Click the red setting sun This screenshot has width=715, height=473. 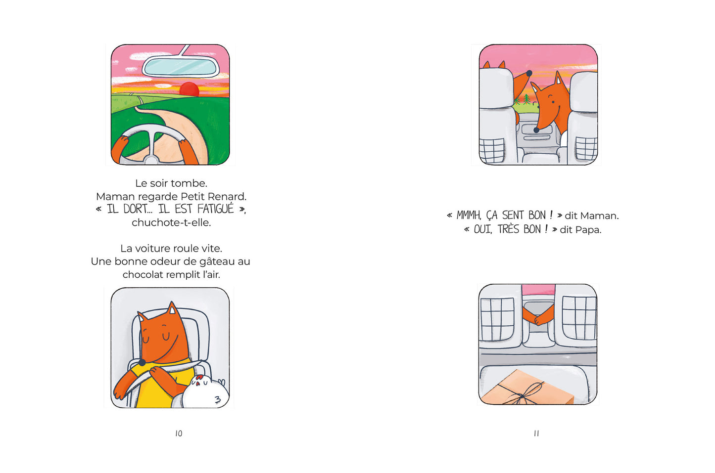190,89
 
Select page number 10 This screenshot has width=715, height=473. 179,433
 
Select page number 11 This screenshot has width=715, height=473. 536,433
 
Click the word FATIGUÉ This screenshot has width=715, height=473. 216,209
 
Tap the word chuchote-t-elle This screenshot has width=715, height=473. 171,222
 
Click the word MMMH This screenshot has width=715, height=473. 469,215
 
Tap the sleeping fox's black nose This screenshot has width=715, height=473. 143,362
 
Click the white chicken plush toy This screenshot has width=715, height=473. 205,392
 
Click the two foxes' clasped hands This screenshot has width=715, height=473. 538,319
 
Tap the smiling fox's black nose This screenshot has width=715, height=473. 536,129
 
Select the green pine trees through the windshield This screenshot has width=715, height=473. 524,100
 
